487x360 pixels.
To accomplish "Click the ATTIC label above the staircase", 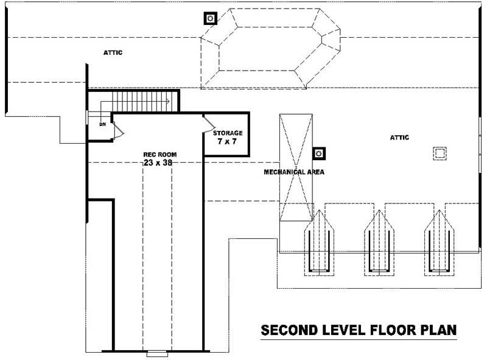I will (113, 53).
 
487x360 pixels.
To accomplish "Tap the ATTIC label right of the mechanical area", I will (399, 138).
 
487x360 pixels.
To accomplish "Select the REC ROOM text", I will (156, 154).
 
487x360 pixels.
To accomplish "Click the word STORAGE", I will (228, 133).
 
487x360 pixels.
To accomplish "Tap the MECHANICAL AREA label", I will (294, 172).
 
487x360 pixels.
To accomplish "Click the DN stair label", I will (103, 124).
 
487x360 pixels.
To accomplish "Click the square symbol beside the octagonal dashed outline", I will (211, 18).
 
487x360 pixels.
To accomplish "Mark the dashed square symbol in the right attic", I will (440, 152).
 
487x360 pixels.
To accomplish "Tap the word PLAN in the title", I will (436, 331).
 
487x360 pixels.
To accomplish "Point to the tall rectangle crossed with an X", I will (295, 168).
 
